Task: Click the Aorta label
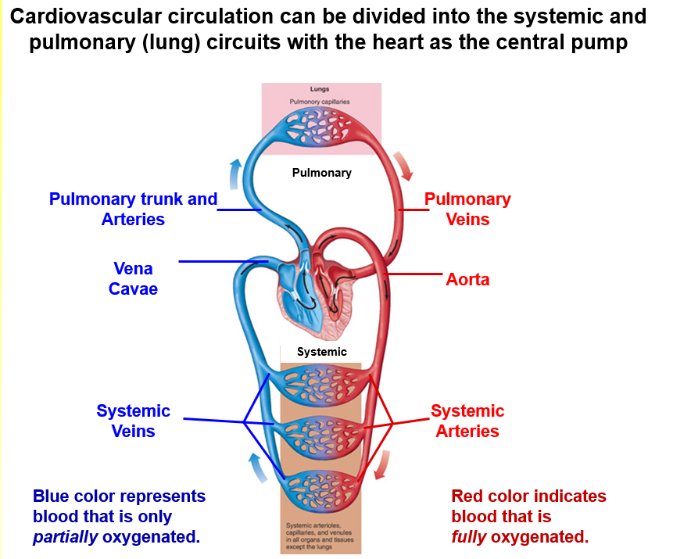467,279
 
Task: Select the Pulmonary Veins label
467,209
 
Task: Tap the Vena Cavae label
135,278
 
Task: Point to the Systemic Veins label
133,421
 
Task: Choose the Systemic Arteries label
467,421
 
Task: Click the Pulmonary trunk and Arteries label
133,209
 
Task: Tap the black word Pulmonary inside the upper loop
321,173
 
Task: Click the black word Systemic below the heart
321,352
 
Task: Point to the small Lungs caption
320,90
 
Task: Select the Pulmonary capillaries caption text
320,102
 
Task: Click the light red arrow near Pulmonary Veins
405,163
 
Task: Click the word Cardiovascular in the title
96,16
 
